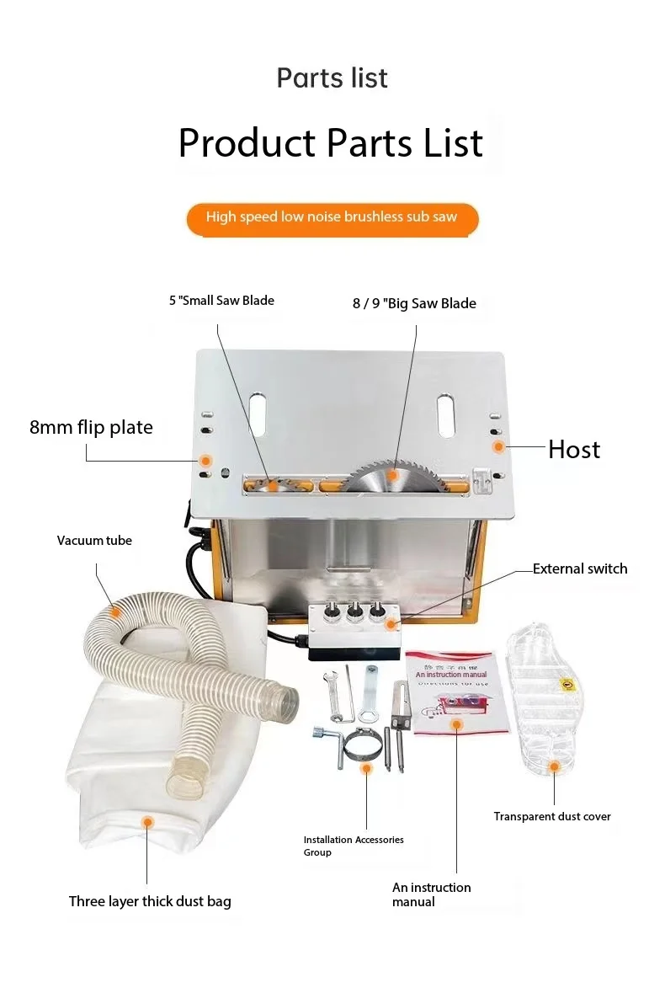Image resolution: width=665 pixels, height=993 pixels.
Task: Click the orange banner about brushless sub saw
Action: (x=332, y=218)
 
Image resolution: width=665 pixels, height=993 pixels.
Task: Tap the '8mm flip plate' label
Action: (x=91, y=427)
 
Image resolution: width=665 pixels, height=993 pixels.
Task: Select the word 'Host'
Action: (x=574, y=449)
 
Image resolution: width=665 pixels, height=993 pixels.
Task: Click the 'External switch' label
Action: (x=580, y=569)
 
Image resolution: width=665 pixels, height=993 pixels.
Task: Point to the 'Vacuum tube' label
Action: (x=94, y=541)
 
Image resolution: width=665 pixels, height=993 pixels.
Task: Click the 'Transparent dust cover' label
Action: (x=552, y=816)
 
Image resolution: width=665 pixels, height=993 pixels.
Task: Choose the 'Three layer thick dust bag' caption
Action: (x=150, y=901)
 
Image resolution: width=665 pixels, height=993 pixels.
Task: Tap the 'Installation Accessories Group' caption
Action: (x=354, y=846)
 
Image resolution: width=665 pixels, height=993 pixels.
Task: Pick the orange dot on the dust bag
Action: (x=147, y=821)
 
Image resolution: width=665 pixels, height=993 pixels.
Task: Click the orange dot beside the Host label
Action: (x=498, y=446)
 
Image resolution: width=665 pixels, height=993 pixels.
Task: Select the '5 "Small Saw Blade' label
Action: (x=221, y=300)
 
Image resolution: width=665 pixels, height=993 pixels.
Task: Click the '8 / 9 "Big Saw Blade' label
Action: (x=414, y=303)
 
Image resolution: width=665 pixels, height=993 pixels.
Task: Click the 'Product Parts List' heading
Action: (x=331, y=142)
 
